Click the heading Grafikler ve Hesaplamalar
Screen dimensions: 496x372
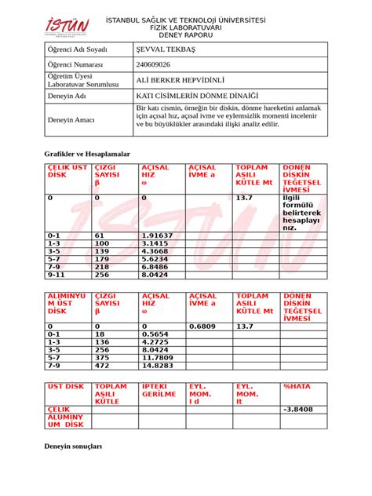[x=86, y=155]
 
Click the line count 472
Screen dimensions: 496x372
[x=102, y=366]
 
